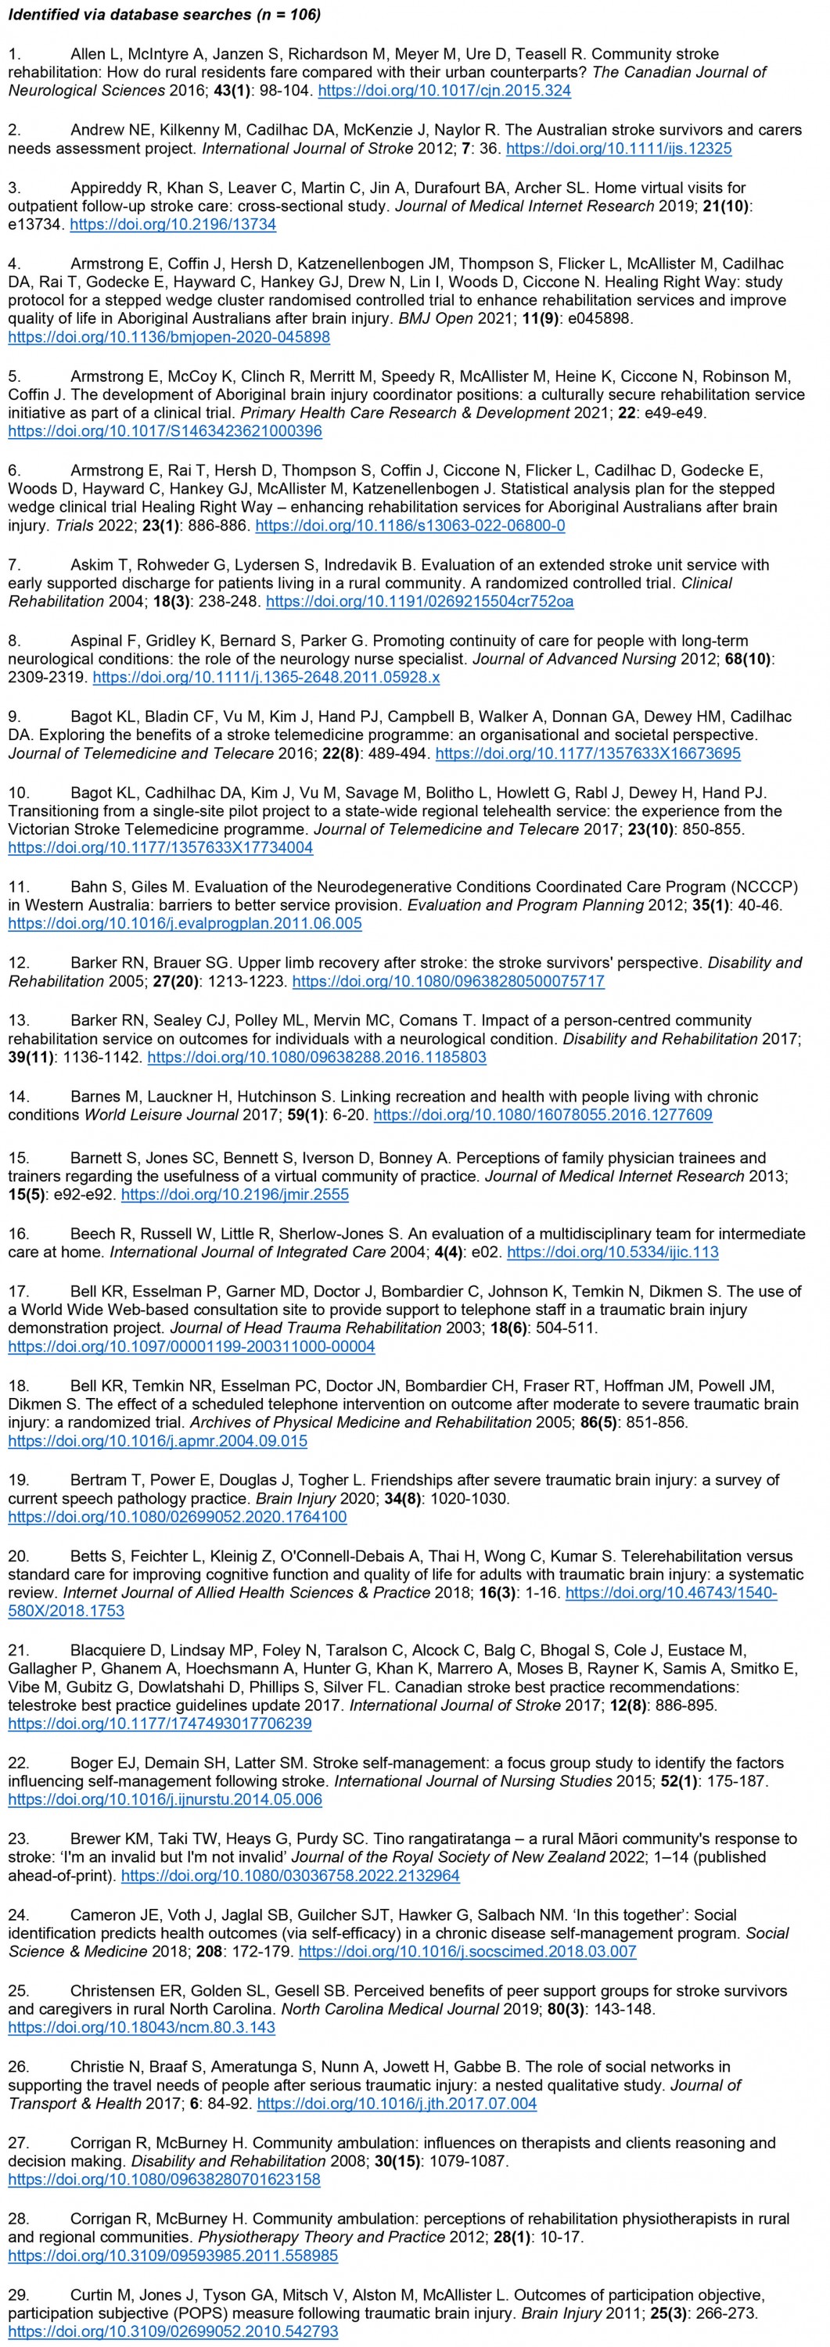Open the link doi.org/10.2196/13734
coord(173,223)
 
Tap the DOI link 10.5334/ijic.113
coord(613,1252)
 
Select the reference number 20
coord(18,1555)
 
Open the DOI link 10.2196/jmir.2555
coord(235,1194)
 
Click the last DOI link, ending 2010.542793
coord(173,2331)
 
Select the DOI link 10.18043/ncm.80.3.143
coord(142,2027)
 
